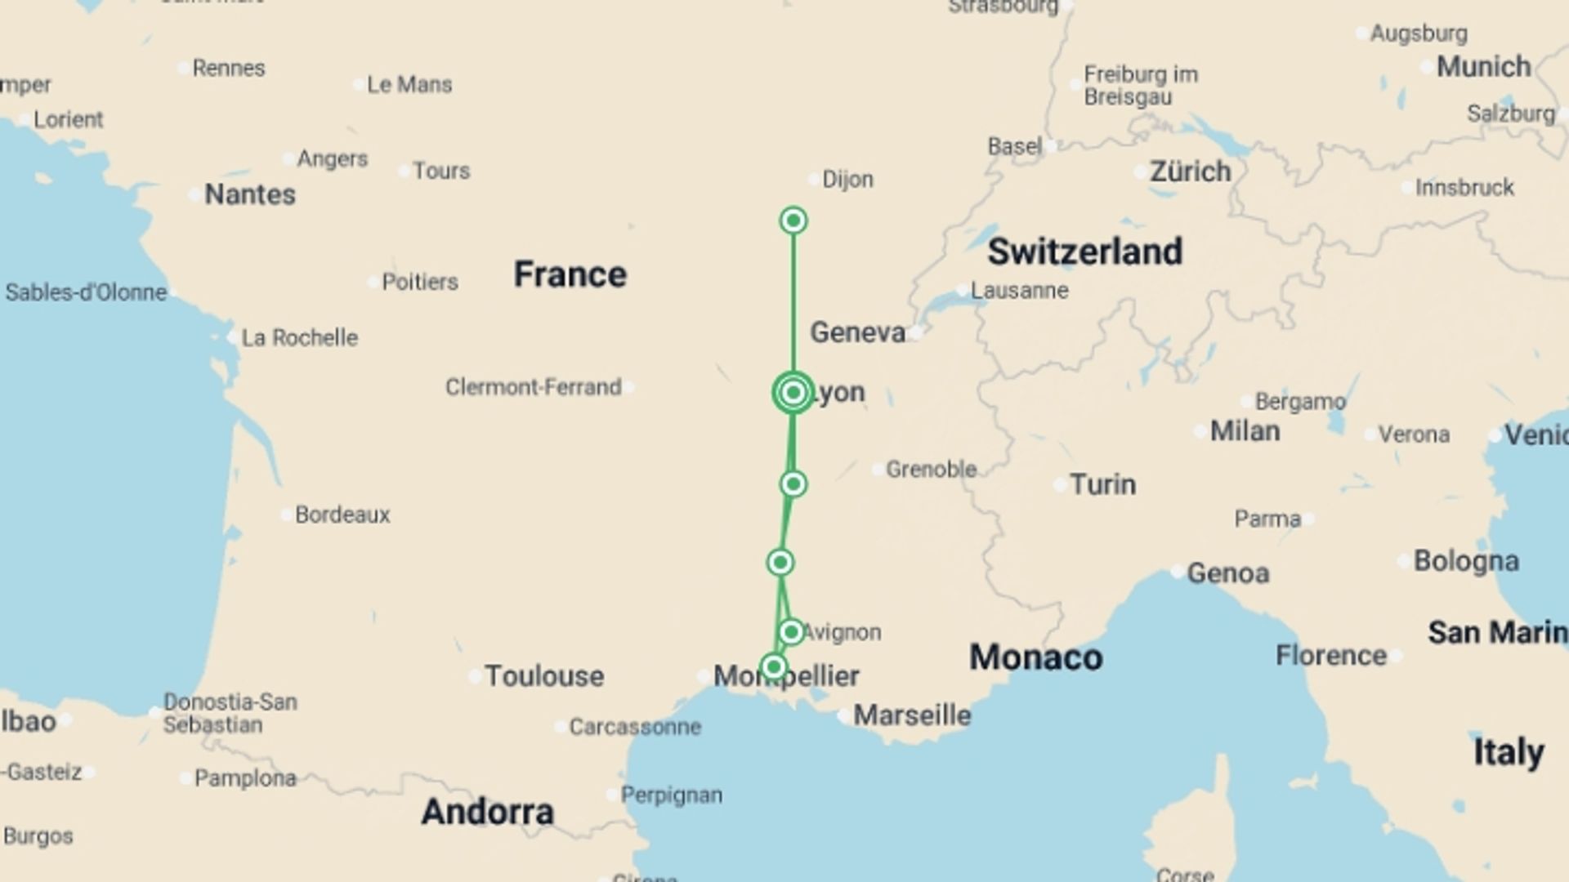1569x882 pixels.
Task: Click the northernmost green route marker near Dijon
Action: pos(793,220)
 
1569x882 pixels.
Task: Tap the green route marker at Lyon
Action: pos(793,393)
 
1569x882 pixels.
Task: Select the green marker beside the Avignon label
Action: pos(790,632)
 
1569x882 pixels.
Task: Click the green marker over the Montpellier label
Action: pos(773,668)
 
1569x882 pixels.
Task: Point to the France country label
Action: pos(570,274)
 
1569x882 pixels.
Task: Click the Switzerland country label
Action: pos(1084,252)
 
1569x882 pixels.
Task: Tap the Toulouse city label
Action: pos(544,676)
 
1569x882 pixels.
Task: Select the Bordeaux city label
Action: pos(342,514)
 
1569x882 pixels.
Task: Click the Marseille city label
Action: pos(912,715)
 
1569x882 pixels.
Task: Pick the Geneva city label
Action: pos(857,332)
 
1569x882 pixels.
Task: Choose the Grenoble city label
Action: pos(931,470)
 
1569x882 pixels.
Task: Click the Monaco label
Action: pos(1035,657)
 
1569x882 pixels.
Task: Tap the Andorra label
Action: pos(487,812)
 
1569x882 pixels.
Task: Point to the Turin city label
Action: pos(1102,484)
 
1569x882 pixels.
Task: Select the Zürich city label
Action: pos(1190,171)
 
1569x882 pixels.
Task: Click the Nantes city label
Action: pos(249,194)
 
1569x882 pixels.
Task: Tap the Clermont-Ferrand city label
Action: pos(533,387)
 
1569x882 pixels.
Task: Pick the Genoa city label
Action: pos(1227,573)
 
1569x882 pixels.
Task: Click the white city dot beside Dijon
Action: pos(813,180)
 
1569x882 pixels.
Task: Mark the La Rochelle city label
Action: pos(299,337)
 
